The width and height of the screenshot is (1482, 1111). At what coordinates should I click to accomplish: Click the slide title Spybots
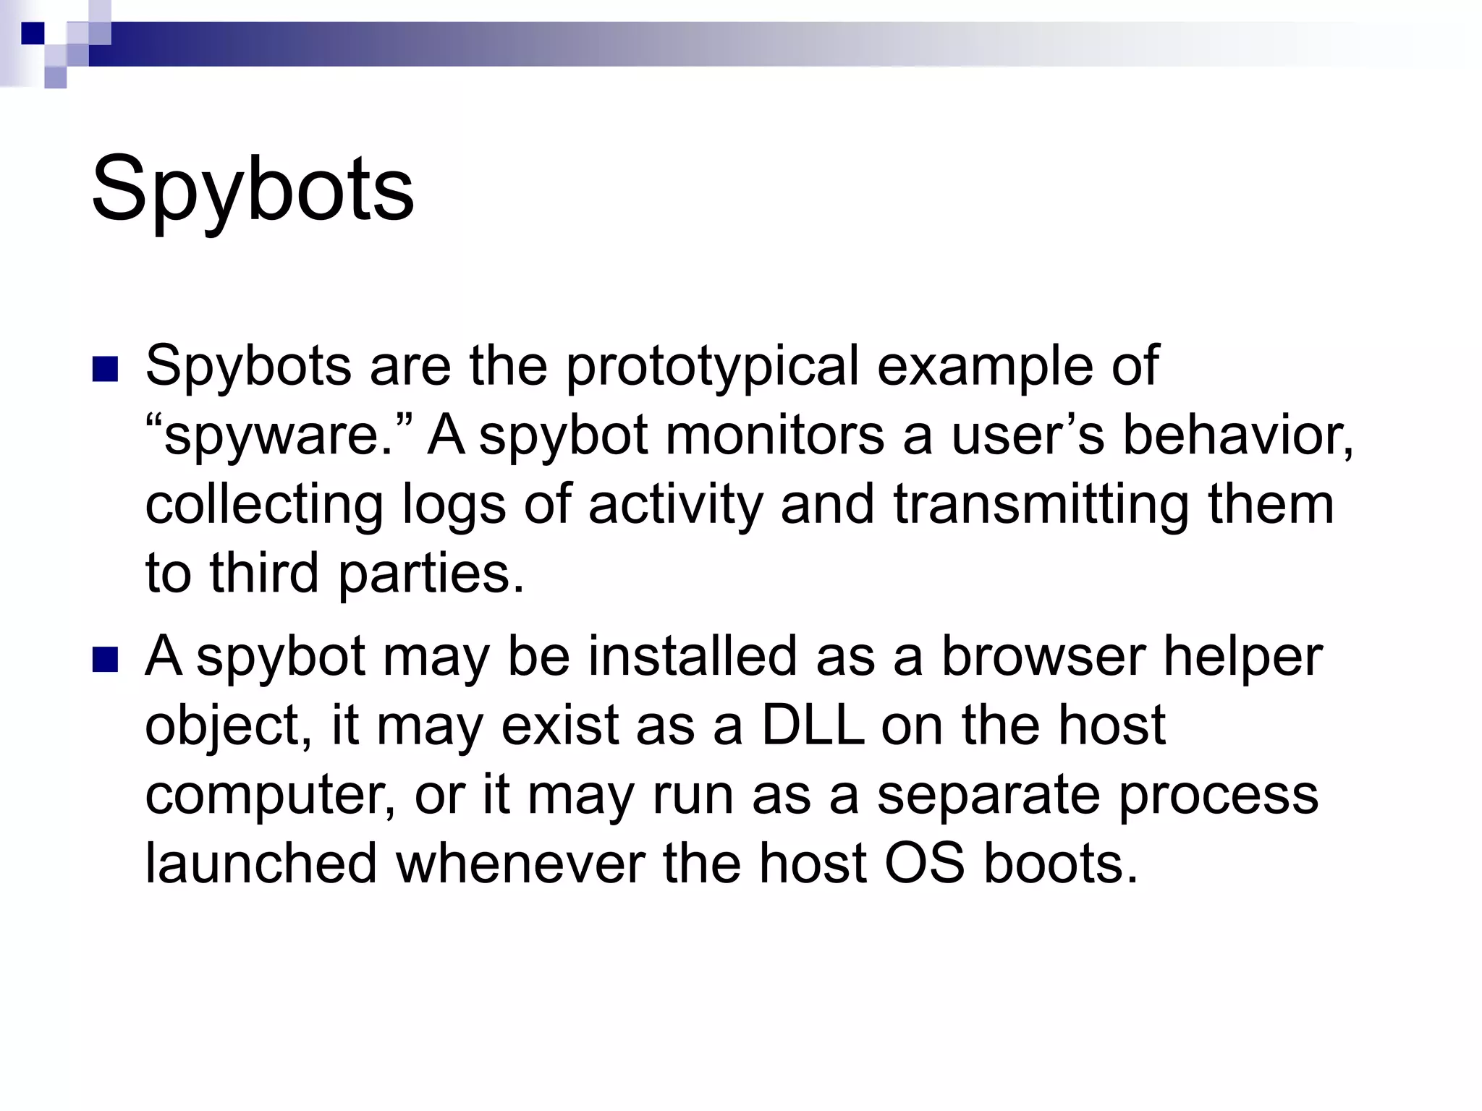click(253, 190)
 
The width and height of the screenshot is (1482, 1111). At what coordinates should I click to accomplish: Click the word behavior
click(1237, 435)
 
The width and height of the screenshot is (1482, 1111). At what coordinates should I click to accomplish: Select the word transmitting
click(1041, 505)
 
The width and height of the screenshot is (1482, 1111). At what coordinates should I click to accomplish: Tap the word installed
click(693, 657)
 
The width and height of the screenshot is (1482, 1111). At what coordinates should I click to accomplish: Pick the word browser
click(1043, 657)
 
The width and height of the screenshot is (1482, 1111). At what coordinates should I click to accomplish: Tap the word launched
click(261, 864)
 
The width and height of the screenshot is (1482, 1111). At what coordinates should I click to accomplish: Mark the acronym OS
click(925, 864)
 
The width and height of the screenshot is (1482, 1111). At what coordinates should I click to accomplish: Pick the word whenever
click(520, 864)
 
